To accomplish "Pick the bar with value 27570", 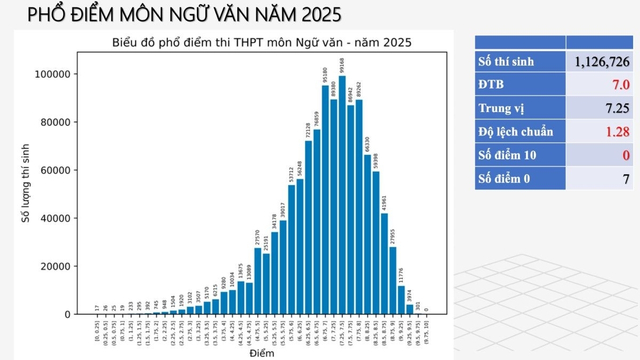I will [x=258, y=281].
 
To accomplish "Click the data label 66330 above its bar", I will [x=367, y=145].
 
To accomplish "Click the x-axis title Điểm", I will [x=261, y=353].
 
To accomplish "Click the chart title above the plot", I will [x=261, y=42].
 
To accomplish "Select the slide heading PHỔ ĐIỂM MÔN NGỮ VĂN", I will [x=184, y=15].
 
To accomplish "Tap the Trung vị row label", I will [x=501, y=109].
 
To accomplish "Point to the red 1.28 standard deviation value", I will [x=618, y=132].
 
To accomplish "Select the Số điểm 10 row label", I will [x=507, y=155].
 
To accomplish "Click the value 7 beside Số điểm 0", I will [x=627, y=179].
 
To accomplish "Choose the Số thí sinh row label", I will [x=506, y=62].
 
